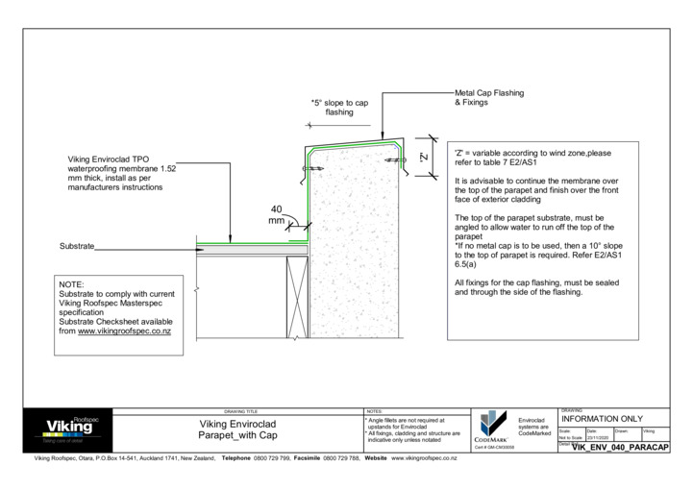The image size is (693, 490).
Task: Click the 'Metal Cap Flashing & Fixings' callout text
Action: pyautogui.click(x=488, y=98)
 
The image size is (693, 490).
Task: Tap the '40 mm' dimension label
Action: pyautogui.click(x=277, y=214)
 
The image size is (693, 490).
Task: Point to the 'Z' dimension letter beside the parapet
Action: pyautogui.click(x=424, y=158)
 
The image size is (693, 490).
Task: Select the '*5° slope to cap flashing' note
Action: pyautogui.click(x=338, y=107)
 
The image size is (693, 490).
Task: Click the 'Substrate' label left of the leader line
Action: pyautogui.click(x=77, y=247)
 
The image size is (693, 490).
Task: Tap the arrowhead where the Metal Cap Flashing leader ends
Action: pyautogui.click(x=384, y=134)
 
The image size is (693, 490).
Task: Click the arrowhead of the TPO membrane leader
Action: pyautogui.click(x=230, y=238)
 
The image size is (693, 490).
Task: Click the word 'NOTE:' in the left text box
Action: pyautogui.click(x=72, y=285)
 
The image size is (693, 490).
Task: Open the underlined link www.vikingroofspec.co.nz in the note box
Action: pyautogui.click(x=124, y=331)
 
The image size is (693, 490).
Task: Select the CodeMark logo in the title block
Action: pyautogui.click(x=491, y=427)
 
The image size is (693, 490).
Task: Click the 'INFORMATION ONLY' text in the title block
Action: pyautogui.click(x=602, y=420)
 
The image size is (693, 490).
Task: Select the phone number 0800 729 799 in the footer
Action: pyautogui.click(x=272, y=459)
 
